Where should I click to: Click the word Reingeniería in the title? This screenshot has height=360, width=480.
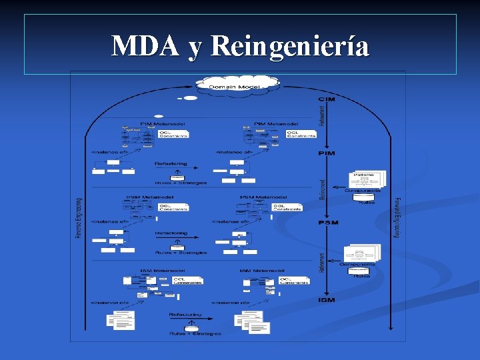point(289,46)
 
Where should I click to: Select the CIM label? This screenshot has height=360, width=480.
point(327,99)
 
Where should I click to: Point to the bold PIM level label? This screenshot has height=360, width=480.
point(327,154)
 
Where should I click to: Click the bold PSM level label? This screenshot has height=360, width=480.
point(328,222)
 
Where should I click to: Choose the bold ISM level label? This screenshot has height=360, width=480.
point(327,300)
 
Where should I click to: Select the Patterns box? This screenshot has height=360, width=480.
point(366,179)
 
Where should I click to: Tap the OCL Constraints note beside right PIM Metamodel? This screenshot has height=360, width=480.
point(301,134)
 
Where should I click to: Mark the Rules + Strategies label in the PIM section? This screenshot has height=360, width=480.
point(181,182)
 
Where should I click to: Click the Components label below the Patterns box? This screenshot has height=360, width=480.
point(362,191)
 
